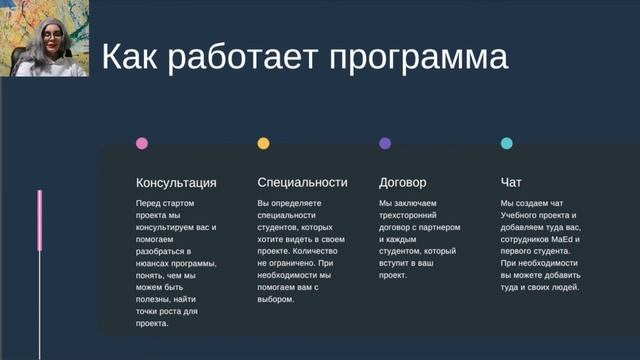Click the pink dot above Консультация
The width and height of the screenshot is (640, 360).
[x=142, y=144]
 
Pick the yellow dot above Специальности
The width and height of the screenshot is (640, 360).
[x=263, y=144]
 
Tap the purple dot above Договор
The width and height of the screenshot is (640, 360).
[x=385, y=144]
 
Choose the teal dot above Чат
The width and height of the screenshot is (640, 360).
[x=506, y=144]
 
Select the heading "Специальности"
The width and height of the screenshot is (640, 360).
[x=302, y=183]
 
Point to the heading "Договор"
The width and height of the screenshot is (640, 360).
[x=403, y=183]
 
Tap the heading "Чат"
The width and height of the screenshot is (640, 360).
[x=510, y=183]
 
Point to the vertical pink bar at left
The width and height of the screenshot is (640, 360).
[x=40, y=220]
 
